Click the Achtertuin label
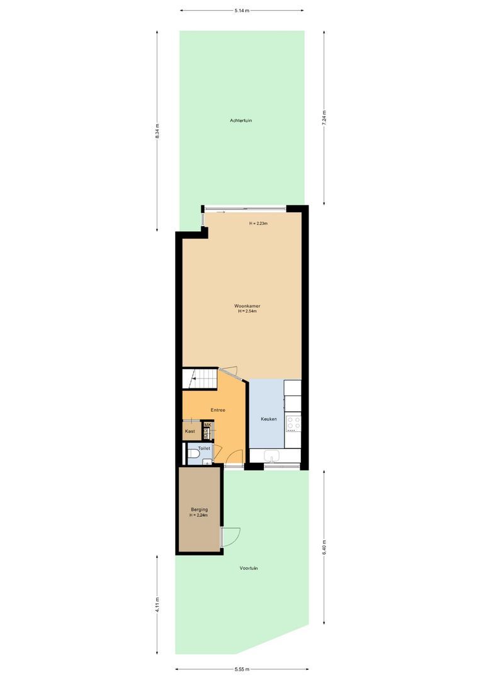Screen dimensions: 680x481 [241, 120]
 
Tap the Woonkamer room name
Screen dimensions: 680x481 [249, 306]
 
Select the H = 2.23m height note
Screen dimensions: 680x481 [258, 224]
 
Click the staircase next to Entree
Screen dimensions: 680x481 [199, 379]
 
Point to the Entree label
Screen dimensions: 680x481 [218, 410]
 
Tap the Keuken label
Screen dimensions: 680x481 [269, 419]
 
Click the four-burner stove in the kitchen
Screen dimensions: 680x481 [293, 423]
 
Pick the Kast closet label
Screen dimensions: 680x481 [190, 431]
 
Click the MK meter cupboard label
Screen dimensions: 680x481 [207, 426]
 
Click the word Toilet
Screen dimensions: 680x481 [204, 448]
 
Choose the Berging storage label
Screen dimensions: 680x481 [199, 509]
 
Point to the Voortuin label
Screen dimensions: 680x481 [249, 568]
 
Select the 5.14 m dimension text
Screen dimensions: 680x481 [242, 10]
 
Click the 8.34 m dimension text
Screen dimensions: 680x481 [157, 132]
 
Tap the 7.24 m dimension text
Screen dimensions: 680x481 [324, 118]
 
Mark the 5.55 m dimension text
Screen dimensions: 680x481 [242, 669]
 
